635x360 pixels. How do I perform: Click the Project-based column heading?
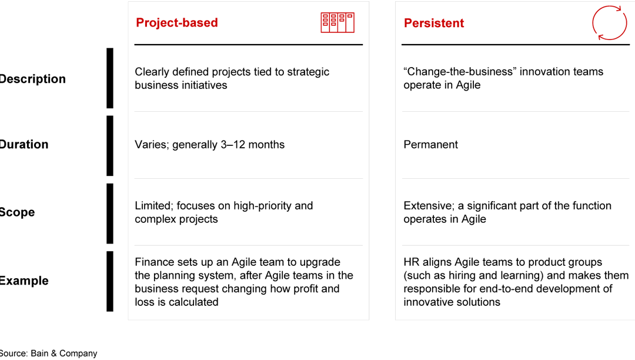[x=176, y=23]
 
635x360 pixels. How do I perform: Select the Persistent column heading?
[x=433, y=24]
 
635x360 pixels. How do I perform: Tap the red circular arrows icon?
[x=610, y=23]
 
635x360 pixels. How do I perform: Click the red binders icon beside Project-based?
[x=337, y=22]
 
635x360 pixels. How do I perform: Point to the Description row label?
[x=32, y=79]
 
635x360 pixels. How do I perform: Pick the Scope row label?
[x=17, y=212]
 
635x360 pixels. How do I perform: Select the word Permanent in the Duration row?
[x=430, y=145]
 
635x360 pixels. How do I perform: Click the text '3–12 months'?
[x=255, y=145]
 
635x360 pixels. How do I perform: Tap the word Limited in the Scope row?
[x=153, y=206]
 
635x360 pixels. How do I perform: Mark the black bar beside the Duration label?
[x=110, y=145]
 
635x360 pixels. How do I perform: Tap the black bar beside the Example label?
[x=110, y=281]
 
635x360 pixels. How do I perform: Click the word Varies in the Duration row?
[x=152, y=145]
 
